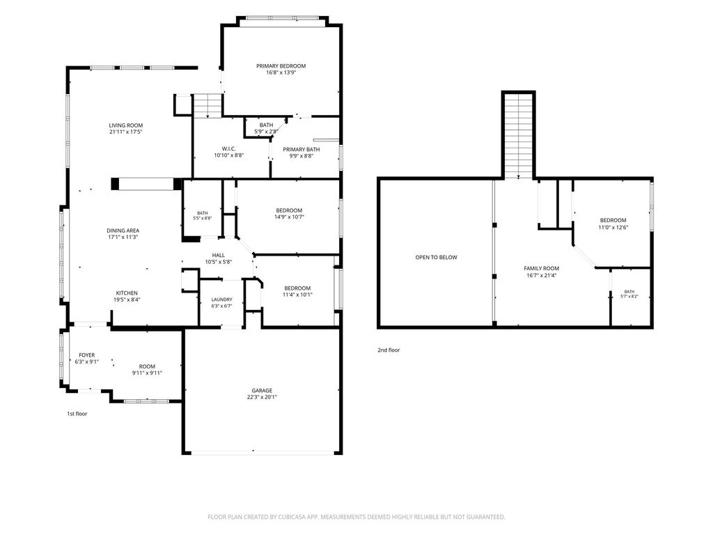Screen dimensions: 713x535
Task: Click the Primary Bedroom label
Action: (x=281, y=66)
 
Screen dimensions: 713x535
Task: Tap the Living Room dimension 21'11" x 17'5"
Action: (x=125, y=132)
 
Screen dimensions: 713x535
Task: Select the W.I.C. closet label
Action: (x=228, y=149)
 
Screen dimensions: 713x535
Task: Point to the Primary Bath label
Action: (x=301, y=149)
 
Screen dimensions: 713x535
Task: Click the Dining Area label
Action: (x=123, y=231)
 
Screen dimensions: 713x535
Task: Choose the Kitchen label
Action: (x=127, y=293)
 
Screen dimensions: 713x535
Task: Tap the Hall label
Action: (x=218, y=255)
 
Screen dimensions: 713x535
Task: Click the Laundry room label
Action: (x=222, y=300)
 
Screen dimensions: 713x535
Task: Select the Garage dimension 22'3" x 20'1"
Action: (x=262, y=396)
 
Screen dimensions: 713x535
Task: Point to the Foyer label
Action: (x=87, y=355)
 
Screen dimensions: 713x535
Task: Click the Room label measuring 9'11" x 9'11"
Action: (x=147, y=366)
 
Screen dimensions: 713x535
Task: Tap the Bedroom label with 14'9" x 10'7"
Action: (x=289, y=210)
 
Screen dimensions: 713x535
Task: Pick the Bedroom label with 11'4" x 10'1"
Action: (x=297, y=288)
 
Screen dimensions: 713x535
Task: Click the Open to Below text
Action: (x=436, y=258)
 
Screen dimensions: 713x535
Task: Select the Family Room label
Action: (x=541, y=268)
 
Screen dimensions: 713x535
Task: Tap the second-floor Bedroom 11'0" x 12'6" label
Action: (x=613, y=220)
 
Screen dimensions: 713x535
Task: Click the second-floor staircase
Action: (x=518, y=135)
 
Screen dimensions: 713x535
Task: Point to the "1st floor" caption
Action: (x=77, y=414)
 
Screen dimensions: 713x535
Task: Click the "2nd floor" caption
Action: (x=389, y=350)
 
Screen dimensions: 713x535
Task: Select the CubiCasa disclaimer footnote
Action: (x=356, y=517)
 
